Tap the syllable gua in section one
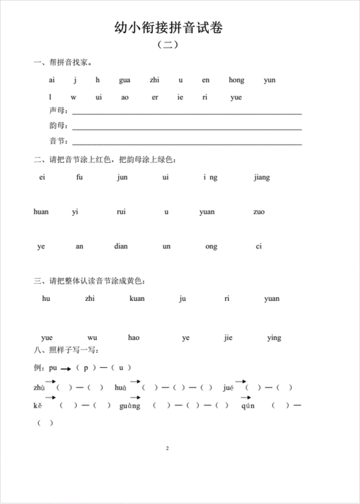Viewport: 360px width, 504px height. pos(125,80)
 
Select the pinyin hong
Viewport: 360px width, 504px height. pos(237,80)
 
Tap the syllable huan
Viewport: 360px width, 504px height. pos(42,212)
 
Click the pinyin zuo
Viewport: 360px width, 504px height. pos(259,212)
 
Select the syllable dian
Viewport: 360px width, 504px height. pos(121,246)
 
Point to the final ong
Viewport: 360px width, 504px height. pos(211,246)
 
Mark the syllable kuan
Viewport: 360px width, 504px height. pos(137,298)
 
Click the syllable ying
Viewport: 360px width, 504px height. pos(274,337)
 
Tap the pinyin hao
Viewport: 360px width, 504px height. pos(134,337)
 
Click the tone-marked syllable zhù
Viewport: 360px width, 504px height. pos(40,387)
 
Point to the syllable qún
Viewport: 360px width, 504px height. pos(248,405)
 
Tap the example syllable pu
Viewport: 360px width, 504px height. pos(53,368)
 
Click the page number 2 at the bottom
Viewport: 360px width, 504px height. pos(166,449)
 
